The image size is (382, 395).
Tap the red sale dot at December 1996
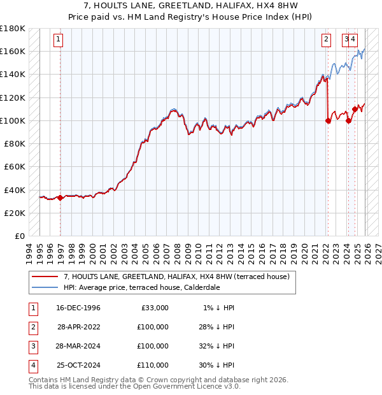60,197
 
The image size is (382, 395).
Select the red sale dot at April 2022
328,120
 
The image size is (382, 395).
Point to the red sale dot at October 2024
355,109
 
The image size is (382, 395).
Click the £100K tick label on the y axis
13,120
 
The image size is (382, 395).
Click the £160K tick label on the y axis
13,51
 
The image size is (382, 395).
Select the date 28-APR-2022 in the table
79,327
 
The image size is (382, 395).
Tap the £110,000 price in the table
153,365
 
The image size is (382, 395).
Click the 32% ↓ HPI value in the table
216,346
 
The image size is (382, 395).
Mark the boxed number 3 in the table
32,346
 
